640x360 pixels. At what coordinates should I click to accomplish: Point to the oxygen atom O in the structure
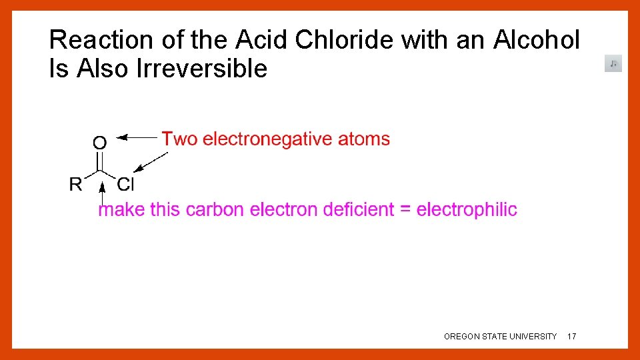99,142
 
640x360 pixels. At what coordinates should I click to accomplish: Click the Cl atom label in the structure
126,184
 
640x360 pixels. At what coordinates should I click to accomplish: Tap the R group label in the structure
76,184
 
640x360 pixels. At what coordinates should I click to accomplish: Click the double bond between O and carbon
100,161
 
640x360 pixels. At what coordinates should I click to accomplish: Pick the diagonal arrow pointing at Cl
150,163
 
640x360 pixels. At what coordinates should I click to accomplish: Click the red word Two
179,139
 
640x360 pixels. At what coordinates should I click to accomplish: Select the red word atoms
364,139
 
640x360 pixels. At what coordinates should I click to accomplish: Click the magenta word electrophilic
467,209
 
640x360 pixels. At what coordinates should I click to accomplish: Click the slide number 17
571,337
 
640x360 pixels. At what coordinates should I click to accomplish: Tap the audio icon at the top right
613,63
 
